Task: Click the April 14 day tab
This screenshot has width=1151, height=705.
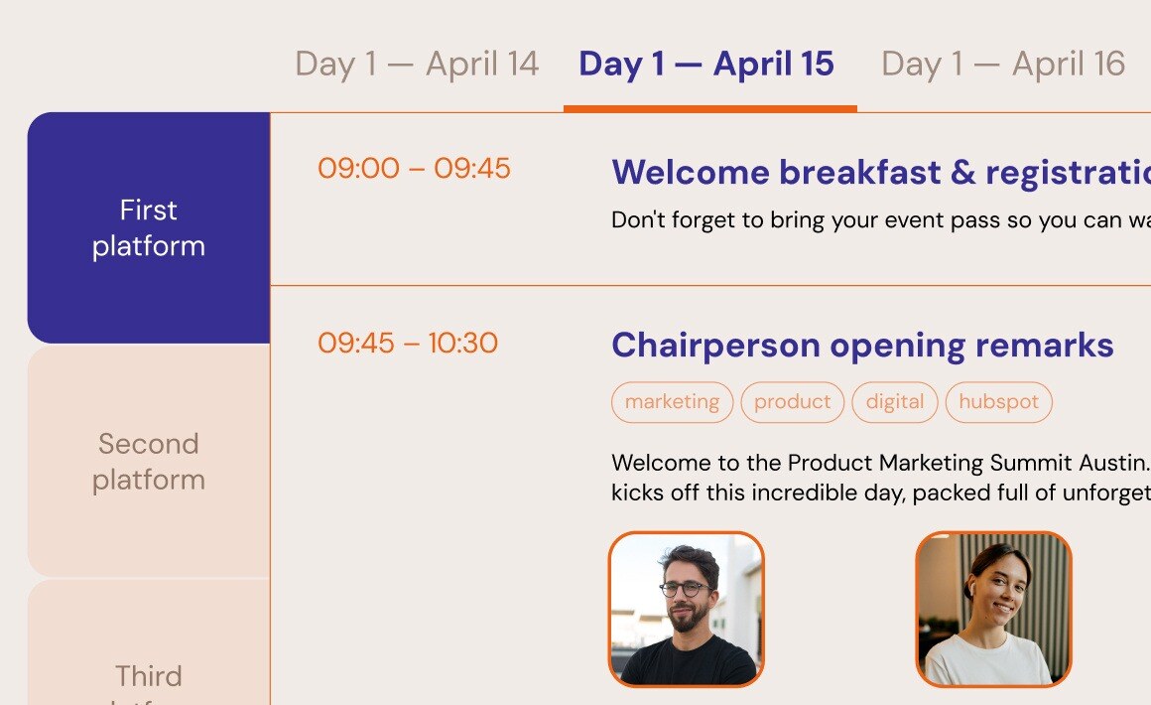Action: (x=417, y=65)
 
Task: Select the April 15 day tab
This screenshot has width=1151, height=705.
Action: (x=706, y=65)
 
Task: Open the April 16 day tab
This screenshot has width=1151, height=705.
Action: (x=1003, y=65)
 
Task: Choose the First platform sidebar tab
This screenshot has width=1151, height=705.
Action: (x=149, y=228)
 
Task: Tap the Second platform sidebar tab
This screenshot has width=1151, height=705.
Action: (x=149, y=462)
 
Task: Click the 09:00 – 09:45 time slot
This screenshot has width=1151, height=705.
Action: (x=414, y=169)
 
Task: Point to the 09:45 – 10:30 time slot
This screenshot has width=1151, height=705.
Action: (x=408, y=344)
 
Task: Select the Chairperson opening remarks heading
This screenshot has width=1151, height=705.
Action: (x=862, y=346)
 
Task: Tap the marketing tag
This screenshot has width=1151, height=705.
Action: (x=672, y=402)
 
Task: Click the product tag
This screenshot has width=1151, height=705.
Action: (x=792, y=402)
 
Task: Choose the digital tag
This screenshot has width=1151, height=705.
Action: (x=894, y=402)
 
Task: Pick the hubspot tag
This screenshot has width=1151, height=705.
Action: (x=998, y=402)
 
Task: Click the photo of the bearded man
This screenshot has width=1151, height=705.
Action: (x=686, y=610)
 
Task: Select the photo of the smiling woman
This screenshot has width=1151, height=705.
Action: (x=993, y=610)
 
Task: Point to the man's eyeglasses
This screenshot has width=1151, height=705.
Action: (x=685, y=589)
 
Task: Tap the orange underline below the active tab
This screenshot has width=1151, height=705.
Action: (x=709, y=108)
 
